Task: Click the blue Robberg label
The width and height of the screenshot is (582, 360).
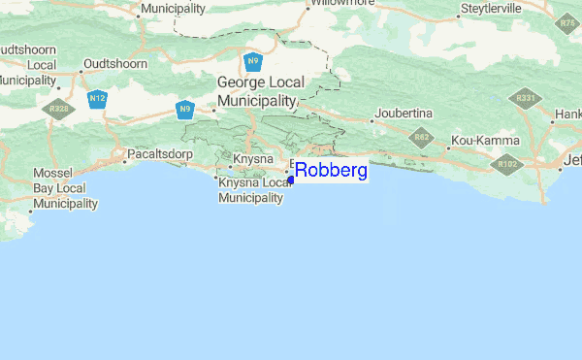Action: click(331, 172)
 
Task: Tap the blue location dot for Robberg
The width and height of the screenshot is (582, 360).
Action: click(291, 180)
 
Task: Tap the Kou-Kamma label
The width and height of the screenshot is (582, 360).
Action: click(485, 142)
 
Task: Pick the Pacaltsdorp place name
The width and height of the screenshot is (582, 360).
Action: click(160, 154)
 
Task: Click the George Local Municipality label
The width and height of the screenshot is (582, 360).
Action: click(255, 92)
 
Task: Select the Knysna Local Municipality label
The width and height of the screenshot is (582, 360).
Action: click(255, 190)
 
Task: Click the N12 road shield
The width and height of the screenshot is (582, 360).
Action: click(96, 99)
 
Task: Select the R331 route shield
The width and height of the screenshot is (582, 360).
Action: click(527, 99)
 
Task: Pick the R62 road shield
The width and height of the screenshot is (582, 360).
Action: click(421, 138)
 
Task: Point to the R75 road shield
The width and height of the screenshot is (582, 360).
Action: click(567, 22)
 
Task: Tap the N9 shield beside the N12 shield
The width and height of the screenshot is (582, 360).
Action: click(184, 109)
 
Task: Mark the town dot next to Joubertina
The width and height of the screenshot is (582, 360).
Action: click(372, 122)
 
